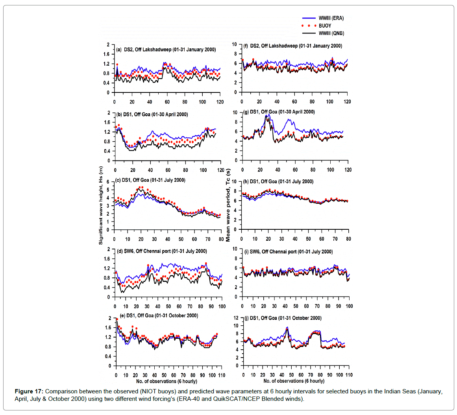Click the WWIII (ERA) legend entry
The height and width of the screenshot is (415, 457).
(x=331, y=18)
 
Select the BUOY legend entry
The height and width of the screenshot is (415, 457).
(x=325, y=26)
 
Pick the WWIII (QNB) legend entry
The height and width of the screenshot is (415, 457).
(x=331, y=33)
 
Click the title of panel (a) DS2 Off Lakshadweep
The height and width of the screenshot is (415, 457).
(x=166, y=50)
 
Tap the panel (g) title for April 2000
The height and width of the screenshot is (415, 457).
(x=282, y=112)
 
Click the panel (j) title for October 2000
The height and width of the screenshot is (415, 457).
(x=285, y=318)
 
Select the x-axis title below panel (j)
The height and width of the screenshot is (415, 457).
(x=294, y=381)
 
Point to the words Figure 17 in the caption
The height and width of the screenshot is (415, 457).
(x=29, y=391)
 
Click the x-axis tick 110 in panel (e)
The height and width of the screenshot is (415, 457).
(x=222, y=375)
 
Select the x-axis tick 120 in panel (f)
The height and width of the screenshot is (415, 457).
(x=347, y=101)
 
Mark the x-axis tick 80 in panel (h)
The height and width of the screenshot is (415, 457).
(x=348, y=239)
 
